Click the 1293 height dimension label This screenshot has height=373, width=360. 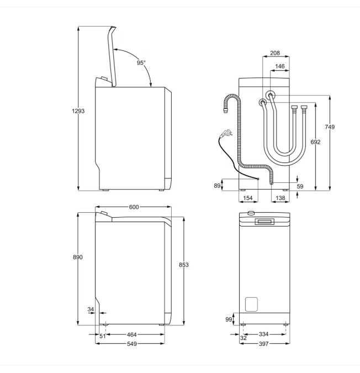click(x=78, y=111)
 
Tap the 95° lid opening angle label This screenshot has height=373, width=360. click(x=141, y=62)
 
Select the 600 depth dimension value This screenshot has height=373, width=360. click(x=134, y=207)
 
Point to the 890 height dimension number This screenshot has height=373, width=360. click(x=78, y=257)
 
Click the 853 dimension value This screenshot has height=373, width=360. click(x=184, y=265)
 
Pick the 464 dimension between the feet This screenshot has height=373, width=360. click(x=131, y=335)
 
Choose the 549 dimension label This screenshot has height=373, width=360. click(x=131, y=344)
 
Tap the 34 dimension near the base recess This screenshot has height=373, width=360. click(x=91, y=309)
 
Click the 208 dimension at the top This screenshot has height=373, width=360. click(x=275, y=53)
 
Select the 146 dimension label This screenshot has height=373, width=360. click(x=280, y=66)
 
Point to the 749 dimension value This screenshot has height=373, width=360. click(x=330, y=127)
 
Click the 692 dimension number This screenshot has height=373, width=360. click(x=316, y=142)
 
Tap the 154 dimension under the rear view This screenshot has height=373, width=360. click(x=247, y=198)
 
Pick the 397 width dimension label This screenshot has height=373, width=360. click(x=264, y=344)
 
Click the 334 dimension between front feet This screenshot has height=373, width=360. click(x=263, y=334)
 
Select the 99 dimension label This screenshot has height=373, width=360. click(x=229, y=319)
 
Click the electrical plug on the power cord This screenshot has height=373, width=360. click(x=226, y=133)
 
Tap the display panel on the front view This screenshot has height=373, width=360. click(x=264, y=222)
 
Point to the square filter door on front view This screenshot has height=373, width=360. click(x=251, y=304)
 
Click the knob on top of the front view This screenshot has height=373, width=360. click(x=251, y=213)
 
